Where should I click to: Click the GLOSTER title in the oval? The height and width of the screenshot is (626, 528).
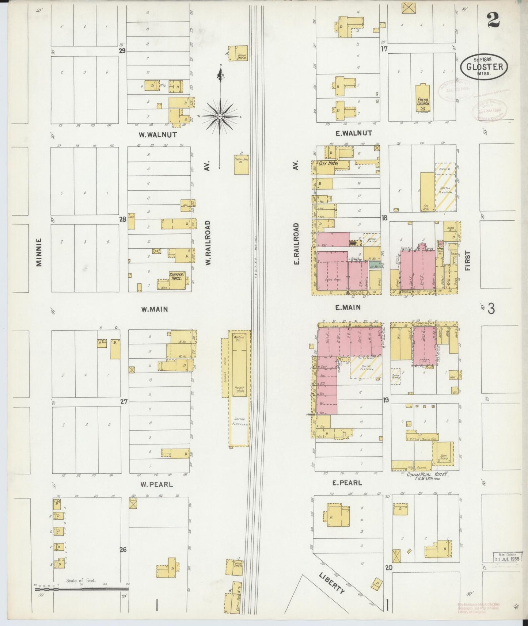coord(484,67)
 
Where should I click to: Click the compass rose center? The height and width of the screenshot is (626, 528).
coord(220,117)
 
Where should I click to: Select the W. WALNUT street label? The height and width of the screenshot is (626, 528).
coord(157,135)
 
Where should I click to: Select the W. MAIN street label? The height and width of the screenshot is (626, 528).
coord(155,309)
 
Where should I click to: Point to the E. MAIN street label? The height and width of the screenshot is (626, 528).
coord(348,308)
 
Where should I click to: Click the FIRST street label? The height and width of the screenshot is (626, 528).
coord(468,260)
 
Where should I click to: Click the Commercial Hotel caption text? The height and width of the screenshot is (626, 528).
coord(428,474)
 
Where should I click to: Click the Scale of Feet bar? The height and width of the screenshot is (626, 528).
coord(81,588)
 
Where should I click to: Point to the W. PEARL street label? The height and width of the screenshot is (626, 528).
coord(156,485)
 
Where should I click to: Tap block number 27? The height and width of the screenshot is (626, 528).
coord(124,401)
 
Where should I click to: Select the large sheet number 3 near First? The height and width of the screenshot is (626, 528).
coord(491,309)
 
